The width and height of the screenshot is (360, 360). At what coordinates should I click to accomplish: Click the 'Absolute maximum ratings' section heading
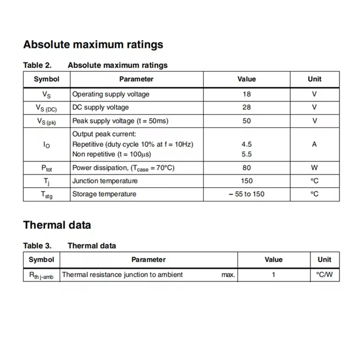(93, 45)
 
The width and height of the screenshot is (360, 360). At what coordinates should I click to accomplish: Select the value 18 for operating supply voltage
(247, 94)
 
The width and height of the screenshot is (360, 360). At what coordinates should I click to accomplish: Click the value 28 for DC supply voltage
(247, 107)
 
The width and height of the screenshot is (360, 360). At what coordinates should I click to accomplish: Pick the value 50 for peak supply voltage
(247, 121)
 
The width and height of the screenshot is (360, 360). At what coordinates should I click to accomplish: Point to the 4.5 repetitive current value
(247, 144)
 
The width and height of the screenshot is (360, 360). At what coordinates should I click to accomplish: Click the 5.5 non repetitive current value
(247, 154)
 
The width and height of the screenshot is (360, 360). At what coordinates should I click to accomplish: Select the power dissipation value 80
(247, 167)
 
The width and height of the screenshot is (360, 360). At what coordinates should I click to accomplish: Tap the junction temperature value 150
(247, 181)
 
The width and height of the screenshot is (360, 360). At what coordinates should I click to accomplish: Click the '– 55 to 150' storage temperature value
(247, 194)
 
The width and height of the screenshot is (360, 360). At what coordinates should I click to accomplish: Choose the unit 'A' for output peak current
(315, 144)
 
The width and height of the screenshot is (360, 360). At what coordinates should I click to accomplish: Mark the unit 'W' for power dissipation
(315, 167)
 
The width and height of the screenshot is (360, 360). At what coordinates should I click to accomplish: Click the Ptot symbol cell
(47, 168)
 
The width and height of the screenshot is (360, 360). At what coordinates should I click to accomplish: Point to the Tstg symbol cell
(47, 194)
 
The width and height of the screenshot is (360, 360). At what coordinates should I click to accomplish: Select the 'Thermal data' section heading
(57, 225)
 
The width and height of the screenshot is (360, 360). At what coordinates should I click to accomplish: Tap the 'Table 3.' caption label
(37, 246)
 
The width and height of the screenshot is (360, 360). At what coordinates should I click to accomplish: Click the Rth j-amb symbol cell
(41, 275)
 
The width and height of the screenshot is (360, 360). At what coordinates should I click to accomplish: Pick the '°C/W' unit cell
(324, 274)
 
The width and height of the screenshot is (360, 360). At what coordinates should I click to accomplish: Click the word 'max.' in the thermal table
(228, 274)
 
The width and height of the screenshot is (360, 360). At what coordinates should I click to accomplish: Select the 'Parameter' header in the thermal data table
(148, 260)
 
